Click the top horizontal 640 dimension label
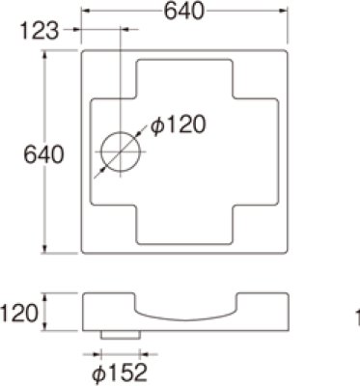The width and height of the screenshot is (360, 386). point(183,13)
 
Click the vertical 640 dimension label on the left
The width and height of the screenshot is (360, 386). point(43,152)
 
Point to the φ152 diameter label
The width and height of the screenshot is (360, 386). point(120,371)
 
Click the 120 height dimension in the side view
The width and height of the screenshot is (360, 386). point(18,313)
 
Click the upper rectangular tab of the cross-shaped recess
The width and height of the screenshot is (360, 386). point(185,77)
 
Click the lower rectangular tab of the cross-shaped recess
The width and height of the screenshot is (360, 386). point(185,227)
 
